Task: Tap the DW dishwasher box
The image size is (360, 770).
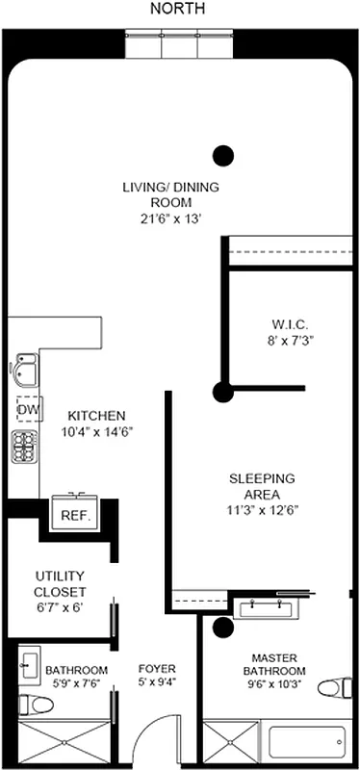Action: click(x=26, y=410)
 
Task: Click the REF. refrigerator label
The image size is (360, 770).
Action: click(x=75, y=516)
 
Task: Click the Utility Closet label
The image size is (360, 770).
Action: click(x=61, y=582)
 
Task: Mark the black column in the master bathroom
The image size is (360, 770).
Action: click(x=223, y=628)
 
